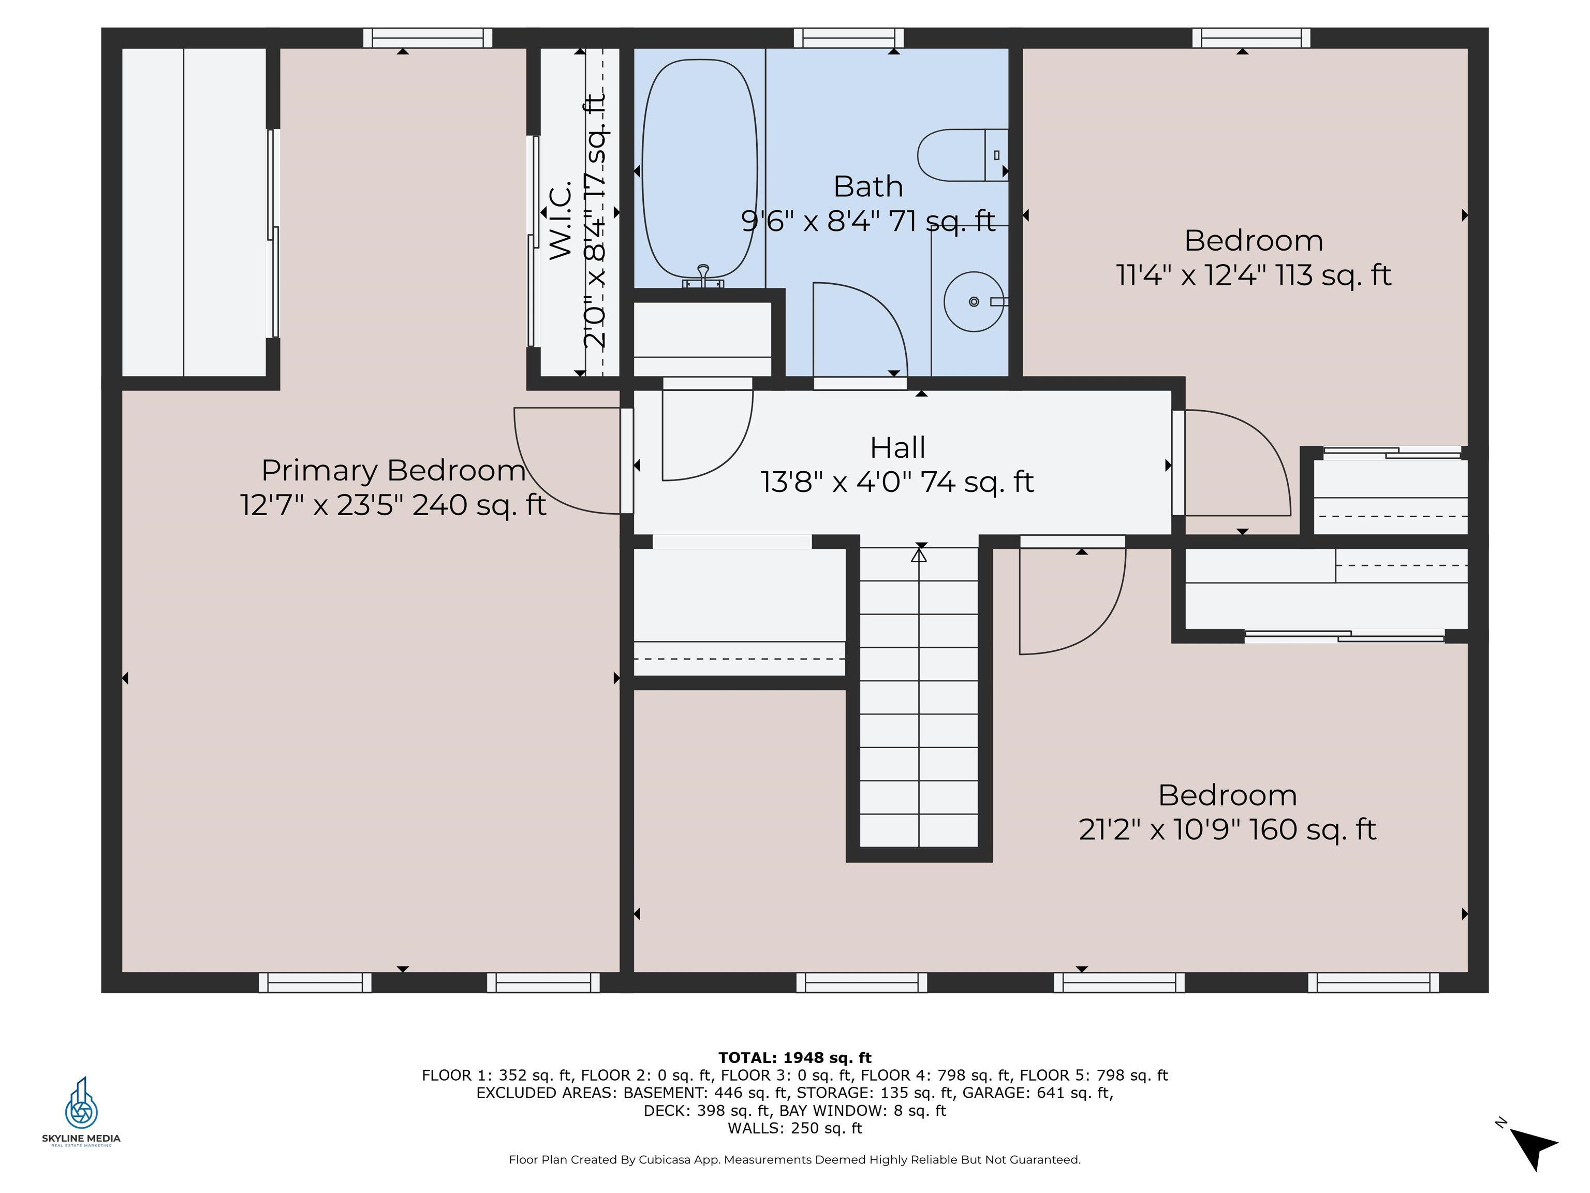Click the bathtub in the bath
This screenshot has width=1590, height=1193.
pyautogui.click(x=699, y=169)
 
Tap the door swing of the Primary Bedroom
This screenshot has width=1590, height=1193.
pyautogui.click(x=567, y=460)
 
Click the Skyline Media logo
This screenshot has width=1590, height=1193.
pyautogui.click(x=81, y=1112)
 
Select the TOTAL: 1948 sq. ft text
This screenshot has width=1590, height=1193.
pyautogui.click(x=794, y=1058)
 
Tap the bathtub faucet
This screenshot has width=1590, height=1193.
pyautogui.click(x=703, y=276)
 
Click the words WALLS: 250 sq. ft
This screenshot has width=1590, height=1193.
pyautogui.click(x=794, y=1128)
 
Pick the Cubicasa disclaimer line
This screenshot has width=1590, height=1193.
pyautogui.click(x=794, y=1160)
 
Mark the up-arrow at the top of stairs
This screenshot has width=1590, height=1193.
pyautogui.click(x=919, y=555)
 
